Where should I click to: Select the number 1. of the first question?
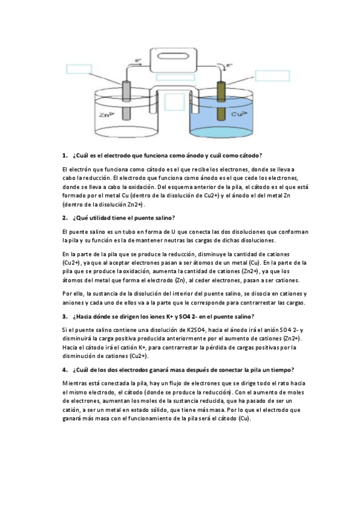pos(65,156)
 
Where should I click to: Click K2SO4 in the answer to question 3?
pos(193,330)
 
